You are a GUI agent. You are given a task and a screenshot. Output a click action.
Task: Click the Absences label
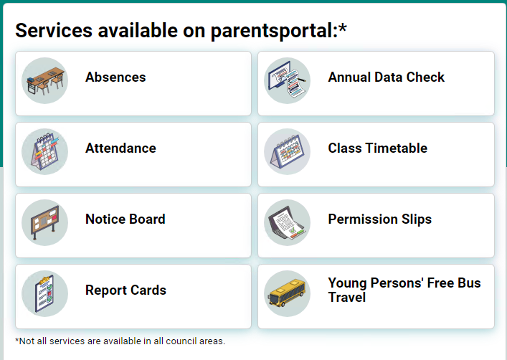115,77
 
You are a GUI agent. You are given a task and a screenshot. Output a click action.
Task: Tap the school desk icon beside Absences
45,80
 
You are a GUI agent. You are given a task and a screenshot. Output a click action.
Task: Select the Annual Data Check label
386,77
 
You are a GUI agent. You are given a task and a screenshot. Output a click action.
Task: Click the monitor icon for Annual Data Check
288,80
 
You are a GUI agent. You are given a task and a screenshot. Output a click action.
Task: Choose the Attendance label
120,148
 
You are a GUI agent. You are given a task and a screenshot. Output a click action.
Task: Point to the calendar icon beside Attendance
45,151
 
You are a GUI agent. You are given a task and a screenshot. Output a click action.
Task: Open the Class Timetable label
377,148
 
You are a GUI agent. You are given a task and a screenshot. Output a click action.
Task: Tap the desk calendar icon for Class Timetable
288,151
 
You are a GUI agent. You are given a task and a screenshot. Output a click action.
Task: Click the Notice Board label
125,219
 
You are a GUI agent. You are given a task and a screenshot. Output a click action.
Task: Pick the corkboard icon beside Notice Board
45,222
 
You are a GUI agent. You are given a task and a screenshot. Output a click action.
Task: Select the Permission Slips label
379,219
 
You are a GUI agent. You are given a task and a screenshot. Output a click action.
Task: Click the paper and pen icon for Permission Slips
288,222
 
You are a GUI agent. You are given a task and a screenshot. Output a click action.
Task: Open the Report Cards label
125,290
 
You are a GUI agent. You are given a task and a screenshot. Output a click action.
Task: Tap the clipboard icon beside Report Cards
45,293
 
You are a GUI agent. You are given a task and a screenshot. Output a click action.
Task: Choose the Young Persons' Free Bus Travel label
404,290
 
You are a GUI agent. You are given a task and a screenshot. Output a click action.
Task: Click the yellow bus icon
288,294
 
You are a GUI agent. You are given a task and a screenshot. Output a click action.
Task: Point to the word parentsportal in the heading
273,31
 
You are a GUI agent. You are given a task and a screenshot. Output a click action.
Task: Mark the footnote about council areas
120,341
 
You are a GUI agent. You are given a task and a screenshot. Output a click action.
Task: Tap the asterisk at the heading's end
343,27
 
